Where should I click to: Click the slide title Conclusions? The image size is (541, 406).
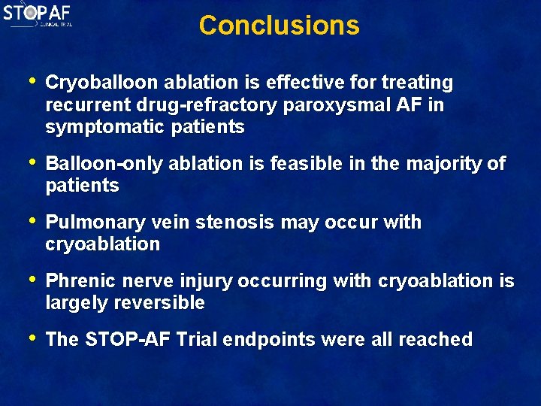click(279, 26)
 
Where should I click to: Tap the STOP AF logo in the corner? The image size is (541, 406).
click(38, 14)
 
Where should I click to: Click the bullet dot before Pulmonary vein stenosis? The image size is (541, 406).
click(31, 221)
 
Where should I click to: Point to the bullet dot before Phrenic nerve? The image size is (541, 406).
click(31, 280)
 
